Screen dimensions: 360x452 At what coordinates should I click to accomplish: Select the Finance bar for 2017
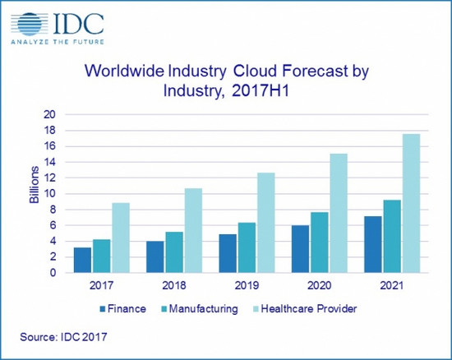82,260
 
